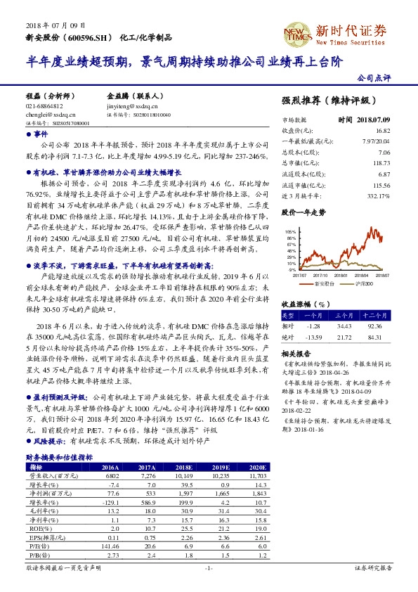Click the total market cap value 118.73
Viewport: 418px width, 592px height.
pos(383,162)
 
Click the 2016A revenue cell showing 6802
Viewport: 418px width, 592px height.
pos(111,476)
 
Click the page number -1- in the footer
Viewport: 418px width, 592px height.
pos(209,568)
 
